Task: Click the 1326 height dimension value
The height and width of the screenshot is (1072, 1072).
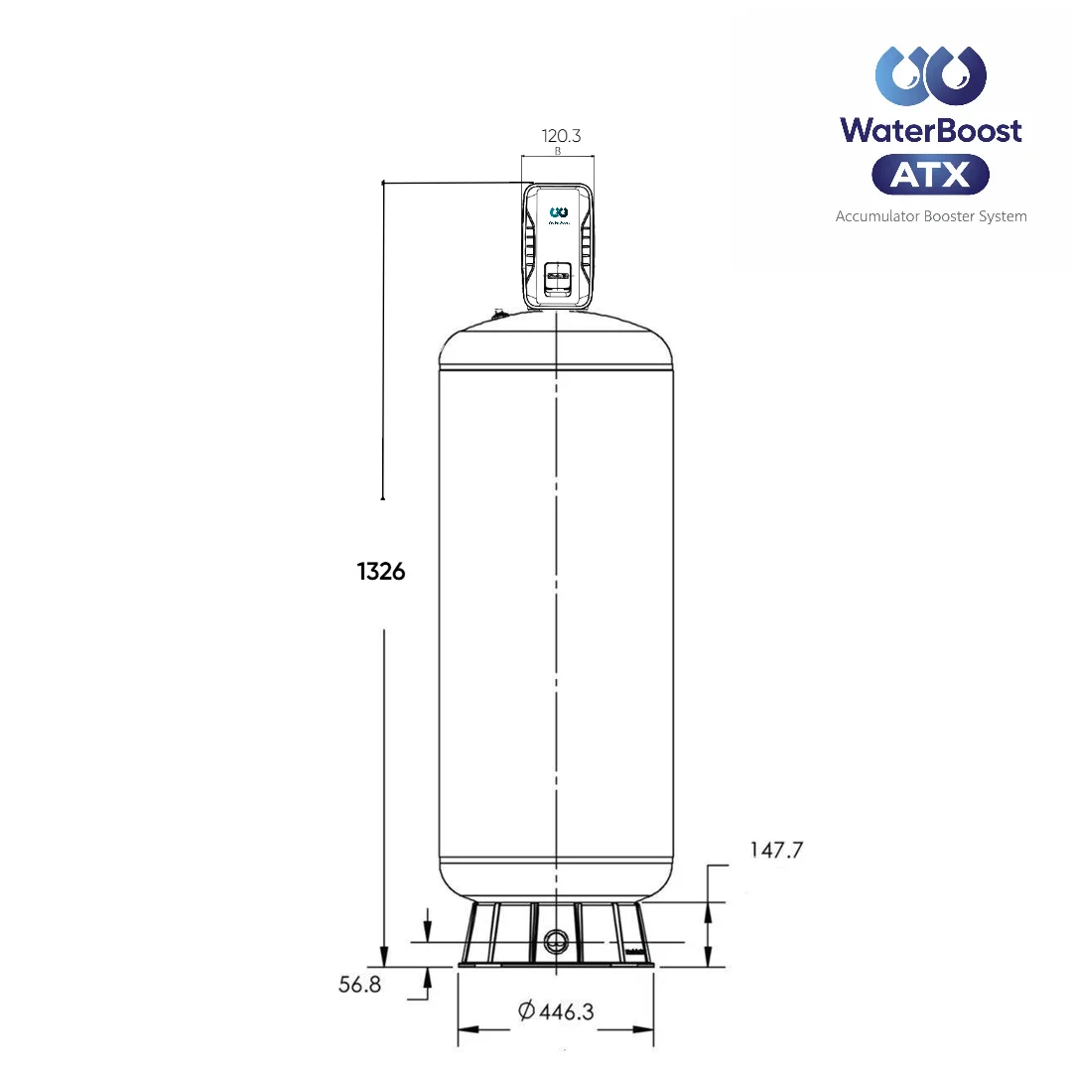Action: [381, 572]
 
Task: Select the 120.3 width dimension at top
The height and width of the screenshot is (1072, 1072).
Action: [560, 136]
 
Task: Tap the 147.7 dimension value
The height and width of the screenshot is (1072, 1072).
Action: [775, 850]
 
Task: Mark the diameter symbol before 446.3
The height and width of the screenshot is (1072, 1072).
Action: [527, 1011]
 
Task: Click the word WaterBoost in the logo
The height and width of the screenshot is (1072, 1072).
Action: [930, 129]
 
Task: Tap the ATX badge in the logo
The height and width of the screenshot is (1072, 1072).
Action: [930, 175]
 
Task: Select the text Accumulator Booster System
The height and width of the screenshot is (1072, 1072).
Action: [930, 215]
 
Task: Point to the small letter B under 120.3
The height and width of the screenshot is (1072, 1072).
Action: [558, 152]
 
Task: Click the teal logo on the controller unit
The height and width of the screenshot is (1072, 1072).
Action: [558, 211]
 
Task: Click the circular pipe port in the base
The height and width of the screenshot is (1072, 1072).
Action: [556, 940]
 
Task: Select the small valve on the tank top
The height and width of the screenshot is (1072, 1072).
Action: [498, 316]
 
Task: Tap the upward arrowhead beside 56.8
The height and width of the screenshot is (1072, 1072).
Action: [427, 976]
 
